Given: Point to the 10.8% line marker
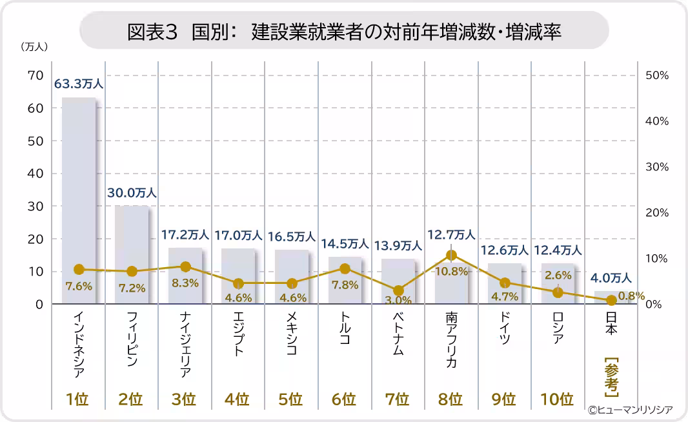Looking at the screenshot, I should [451, 256].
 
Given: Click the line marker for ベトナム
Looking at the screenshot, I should [398, 291].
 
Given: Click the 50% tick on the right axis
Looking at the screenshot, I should [657, 75].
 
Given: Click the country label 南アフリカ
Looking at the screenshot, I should [451, 340].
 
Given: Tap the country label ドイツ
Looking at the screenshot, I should [505, 331].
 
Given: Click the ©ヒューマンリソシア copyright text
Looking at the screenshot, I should [630, 410].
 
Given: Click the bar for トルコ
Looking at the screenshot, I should [345, 280].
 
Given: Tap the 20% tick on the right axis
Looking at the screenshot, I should [657, 213].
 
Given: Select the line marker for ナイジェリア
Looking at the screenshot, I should [185, 266].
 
